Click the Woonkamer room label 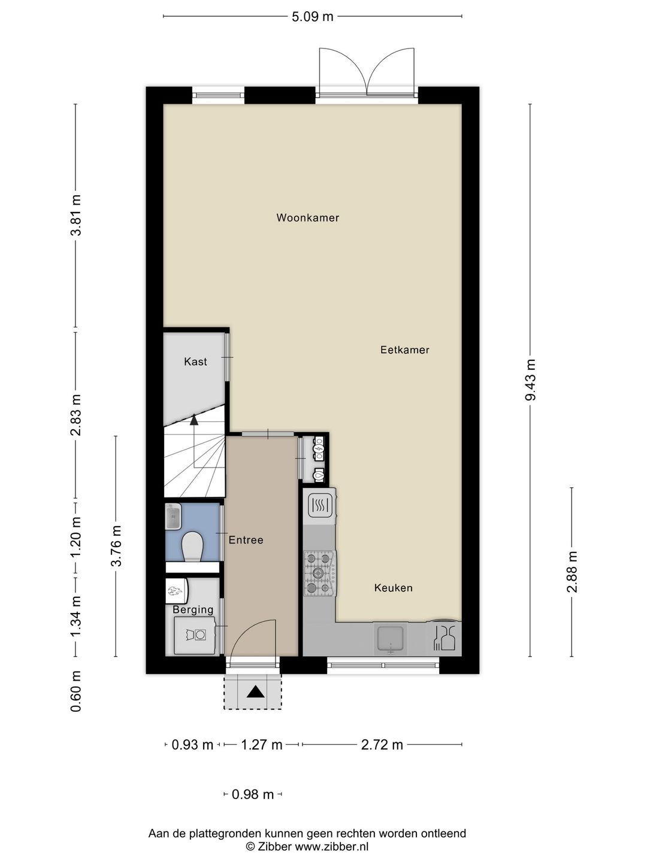click(307, 218)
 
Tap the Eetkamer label click(404, 350)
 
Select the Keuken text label click(393, 588)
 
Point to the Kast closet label click(195, 362)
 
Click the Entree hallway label click(246, 540)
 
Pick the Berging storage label click(193, 610)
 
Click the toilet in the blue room click(192, 547)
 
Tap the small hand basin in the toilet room click(173, 516)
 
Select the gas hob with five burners click(319, 573)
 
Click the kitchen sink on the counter click(391, 639)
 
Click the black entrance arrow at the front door click(256, 692)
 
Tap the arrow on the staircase click(194, 420)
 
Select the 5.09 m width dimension click(312, 17)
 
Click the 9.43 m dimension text click(530, 380)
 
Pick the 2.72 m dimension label click(382, 745)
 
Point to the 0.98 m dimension click(252, 794)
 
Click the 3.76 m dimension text click(117, 545)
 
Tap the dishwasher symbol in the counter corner click(445, 639)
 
